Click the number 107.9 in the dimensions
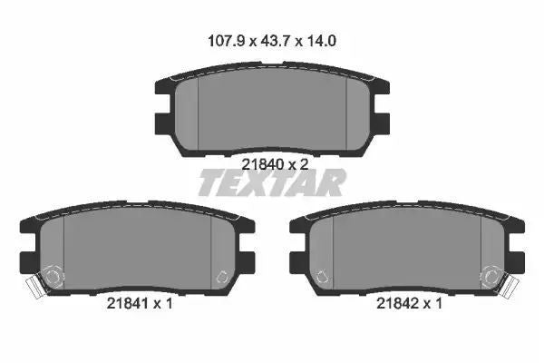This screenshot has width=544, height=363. tap(226, 41)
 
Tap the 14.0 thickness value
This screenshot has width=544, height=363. tap(321, 41)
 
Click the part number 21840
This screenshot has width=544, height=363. tap(263, 164)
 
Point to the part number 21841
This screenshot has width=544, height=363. tap(128, 304)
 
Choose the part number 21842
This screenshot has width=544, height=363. tap(398, 304)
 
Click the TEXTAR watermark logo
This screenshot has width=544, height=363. tap(272, 182)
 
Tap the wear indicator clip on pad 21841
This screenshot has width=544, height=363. tap(35, 286)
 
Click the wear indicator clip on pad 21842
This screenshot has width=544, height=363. tap(510, 285)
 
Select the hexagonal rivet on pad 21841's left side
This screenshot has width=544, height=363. tap(53, 276)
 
